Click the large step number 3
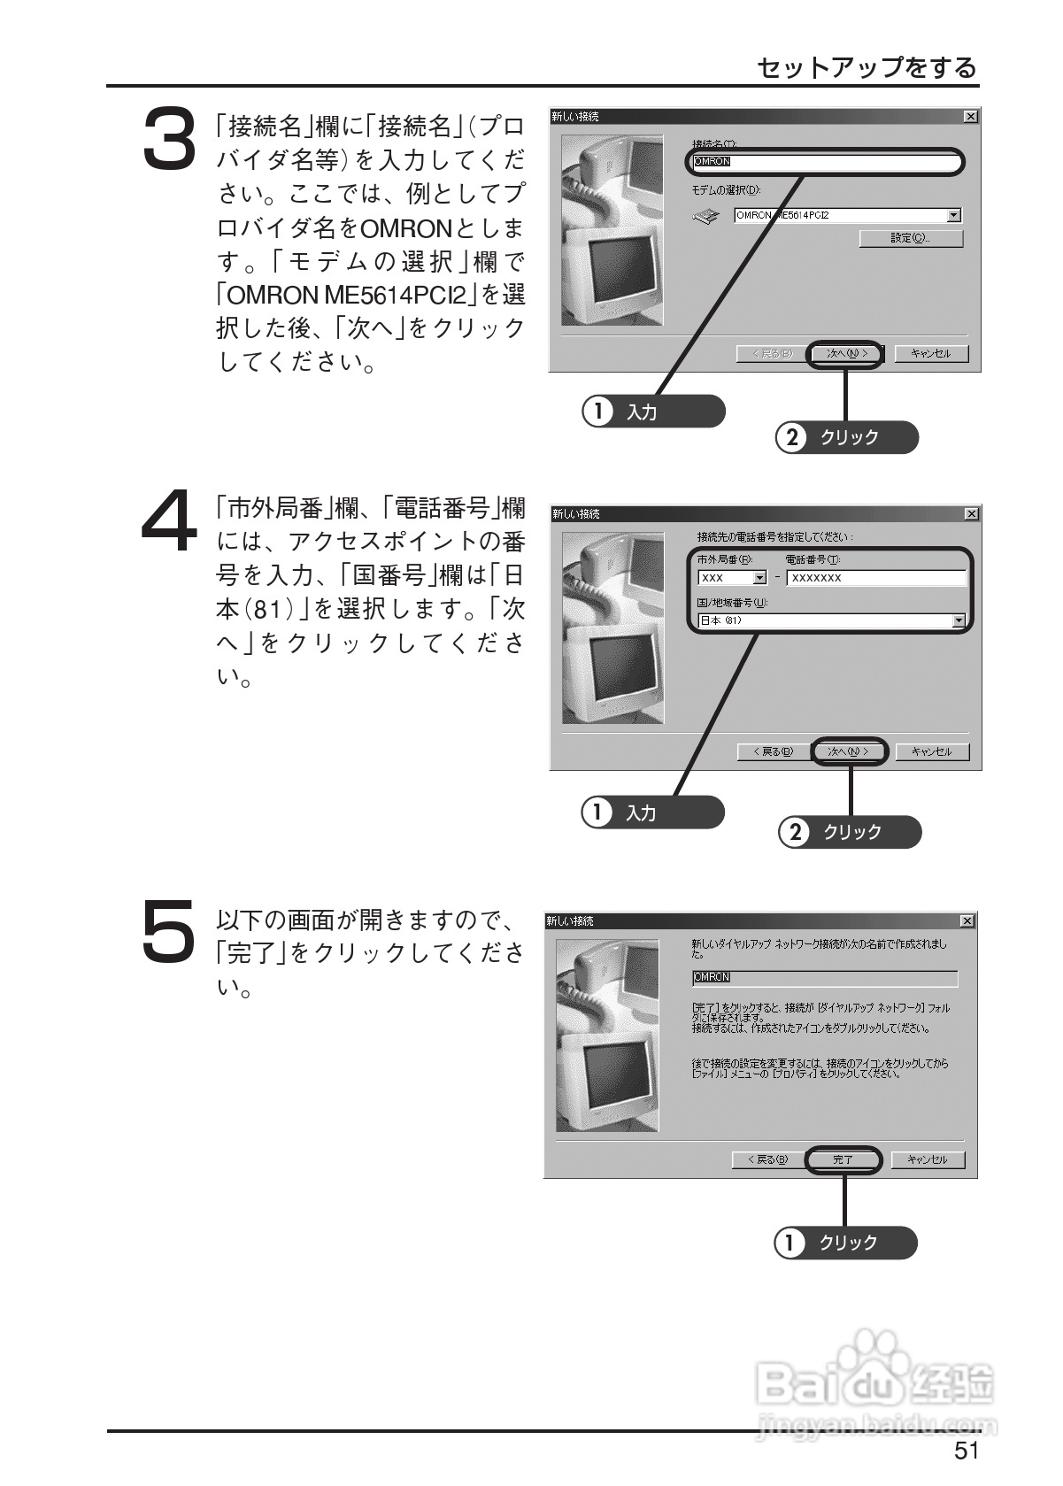pos(168,138)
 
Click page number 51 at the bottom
pos(967,1450)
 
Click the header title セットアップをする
pos(867,67)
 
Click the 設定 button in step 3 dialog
pos(911,238)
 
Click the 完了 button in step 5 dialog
pos(843,1159)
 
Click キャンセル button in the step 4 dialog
pos(932,751)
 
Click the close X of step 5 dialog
pos(967,921)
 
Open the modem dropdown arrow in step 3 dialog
pos(953,215)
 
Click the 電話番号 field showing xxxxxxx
pos(875,578)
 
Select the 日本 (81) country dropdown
pos(830,620)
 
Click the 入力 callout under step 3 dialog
pos(653,412)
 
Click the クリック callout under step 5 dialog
pos(845,1243)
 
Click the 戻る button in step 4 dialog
pos(772,751)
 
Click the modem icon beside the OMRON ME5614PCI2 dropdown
pos(706,215)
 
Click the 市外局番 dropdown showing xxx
pos(732,578)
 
